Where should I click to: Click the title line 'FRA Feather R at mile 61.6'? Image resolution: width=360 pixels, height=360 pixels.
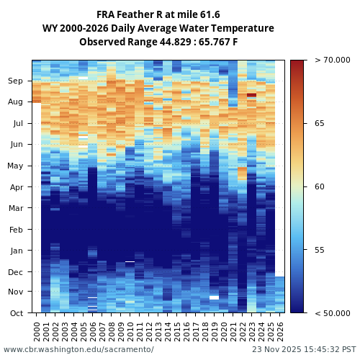(158, 14)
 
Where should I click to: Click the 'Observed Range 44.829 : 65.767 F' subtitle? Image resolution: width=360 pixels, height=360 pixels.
(158, 42)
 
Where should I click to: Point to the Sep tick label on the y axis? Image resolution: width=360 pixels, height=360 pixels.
(16, 81)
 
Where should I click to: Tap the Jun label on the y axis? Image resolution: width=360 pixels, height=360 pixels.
(16, 145)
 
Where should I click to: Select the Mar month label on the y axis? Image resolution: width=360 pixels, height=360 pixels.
(16, 208)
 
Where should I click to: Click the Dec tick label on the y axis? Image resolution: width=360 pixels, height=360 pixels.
(16, 272)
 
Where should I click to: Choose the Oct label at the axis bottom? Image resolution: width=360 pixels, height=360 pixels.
(16, 313)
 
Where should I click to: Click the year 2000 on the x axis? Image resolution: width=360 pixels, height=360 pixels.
(37, 331)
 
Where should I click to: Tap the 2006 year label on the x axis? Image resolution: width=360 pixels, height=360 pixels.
(93, 331)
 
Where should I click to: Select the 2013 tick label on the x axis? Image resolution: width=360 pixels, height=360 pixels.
(158, 331)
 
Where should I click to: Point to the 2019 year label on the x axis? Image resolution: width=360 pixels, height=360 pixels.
(215, 331)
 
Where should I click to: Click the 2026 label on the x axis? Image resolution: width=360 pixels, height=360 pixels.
(280, 331)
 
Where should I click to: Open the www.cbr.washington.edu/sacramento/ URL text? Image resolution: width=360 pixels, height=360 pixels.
(78, 350)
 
